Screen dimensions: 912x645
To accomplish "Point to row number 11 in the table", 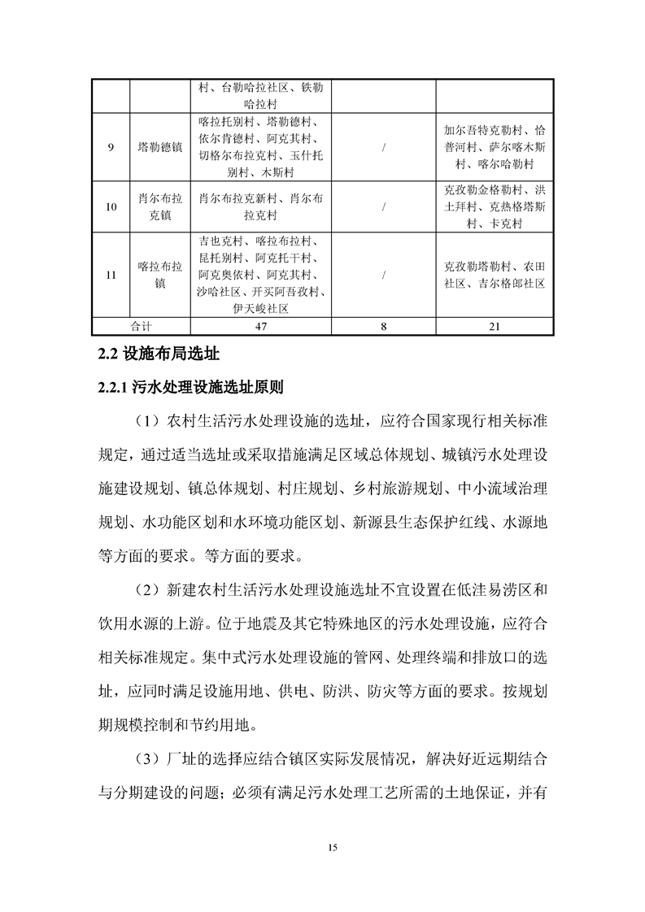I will pos(111,276).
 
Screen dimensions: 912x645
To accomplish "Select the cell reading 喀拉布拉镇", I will pos(160,276).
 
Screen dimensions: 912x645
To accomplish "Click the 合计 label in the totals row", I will pos(141,326).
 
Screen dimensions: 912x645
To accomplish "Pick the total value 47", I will pos(261,326).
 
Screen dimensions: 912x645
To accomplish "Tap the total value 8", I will pos(383,326).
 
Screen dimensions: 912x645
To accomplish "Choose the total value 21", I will pos(495,326).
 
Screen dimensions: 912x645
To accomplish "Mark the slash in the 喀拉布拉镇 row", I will pos(383,276).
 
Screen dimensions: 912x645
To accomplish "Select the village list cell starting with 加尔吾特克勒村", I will pos(495,147).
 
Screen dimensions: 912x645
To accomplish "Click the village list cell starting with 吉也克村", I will pos(261,276).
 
